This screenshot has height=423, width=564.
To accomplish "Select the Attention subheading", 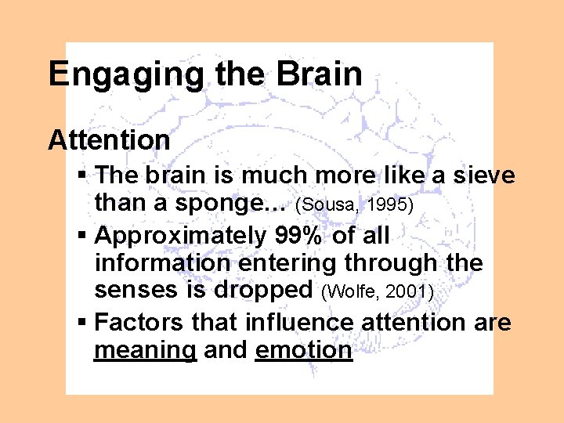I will tap(109, 140).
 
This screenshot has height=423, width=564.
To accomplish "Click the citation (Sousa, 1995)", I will tap(366, 206).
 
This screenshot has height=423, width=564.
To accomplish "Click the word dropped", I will tap(265, 291).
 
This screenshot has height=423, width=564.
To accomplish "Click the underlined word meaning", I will tap(145, 351).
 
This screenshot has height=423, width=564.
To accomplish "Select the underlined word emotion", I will tap(304, 349).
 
